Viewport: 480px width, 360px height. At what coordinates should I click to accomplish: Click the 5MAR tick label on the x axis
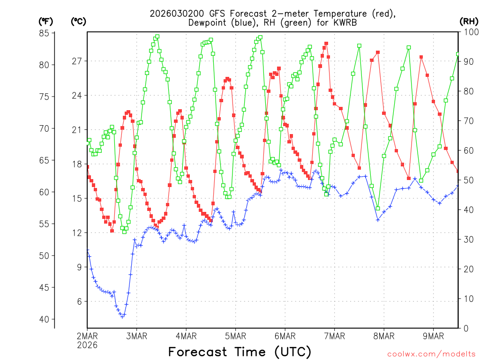235,336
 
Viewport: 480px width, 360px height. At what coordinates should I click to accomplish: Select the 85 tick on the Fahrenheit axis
45,33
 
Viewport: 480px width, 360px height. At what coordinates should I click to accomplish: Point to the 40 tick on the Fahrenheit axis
45,319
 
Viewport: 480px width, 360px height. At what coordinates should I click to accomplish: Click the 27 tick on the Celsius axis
77,61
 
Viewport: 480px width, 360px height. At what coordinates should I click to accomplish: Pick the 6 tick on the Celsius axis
79,301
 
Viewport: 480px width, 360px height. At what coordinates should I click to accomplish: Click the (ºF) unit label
46,21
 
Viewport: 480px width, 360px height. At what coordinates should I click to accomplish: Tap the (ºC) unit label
78,21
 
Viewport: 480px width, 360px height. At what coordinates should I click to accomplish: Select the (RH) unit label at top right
469,21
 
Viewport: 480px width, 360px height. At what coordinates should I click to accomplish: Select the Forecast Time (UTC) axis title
240,352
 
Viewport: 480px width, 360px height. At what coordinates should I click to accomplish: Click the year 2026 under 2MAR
87,345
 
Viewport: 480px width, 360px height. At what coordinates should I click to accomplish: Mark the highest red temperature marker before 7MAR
326,44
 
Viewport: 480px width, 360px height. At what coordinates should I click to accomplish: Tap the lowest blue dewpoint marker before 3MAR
122,317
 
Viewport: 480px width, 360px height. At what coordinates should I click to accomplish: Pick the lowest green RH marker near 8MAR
378,209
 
